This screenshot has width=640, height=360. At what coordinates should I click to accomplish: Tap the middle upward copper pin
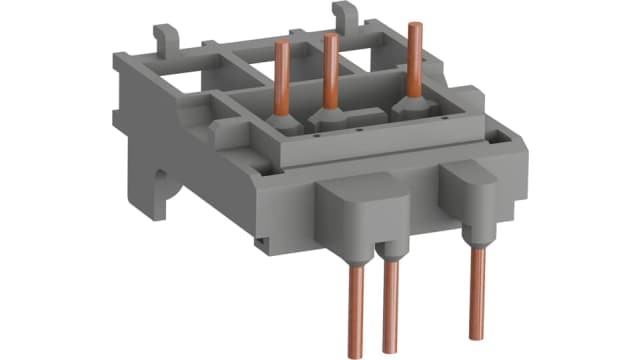328,70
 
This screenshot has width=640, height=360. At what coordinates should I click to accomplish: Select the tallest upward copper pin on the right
412,59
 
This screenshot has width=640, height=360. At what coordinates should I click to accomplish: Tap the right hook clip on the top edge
345,14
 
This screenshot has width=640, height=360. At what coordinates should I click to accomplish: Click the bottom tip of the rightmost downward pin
478,334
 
